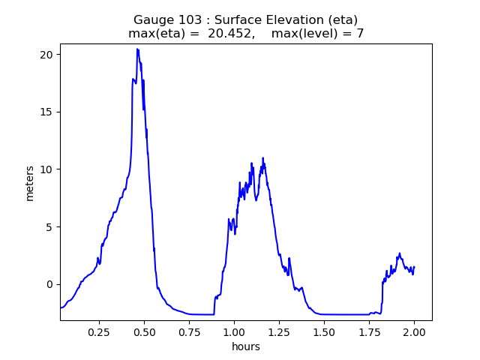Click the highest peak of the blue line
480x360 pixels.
[137, 49]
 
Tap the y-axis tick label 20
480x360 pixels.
[46, 55]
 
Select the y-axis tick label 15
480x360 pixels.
[46, 112]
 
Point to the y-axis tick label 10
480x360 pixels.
[46, 169]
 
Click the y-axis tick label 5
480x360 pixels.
[49, 226]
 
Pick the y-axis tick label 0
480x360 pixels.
[49, 284]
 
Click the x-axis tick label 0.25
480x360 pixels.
[99, 331]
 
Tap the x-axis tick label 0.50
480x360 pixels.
[144, 331]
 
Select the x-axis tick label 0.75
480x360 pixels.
[189, 331]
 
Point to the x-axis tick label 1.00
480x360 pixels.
[234, 331]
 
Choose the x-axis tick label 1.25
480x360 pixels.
[279, 331]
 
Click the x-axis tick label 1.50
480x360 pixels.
[324, 331]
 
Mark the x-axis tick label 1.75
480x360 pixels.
[369, 331]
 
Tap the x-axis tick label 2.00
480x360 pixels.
[414, 331]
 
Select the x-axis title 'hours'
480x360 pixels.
[246, 346]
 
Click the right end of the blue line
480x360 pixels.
[414, 268]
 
